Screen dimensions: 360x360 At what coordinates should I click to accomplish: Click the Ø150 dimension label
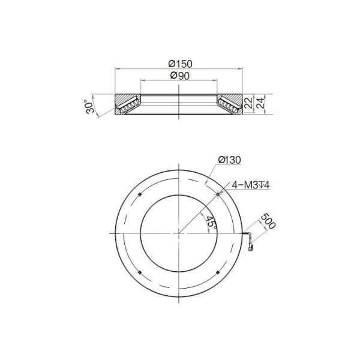[x=180, y=64]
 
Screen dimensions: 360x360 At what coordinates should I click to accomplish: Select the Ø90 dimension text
[x=180, y=76]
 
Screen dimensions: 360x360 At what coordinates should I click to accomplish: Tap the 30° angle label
[x=90, y=106]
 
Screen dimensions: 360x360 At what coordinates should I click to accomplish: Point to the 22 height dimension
[x=248, y=103]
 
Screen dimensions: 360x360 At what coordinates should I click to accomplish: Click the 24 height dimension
[x=260, y=103]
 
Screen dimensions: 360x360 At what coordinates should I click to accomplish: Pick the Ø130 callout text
[x=230, y=160]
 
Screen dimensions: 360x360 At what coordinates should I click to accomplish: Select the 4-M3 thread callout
[x=251, y=185]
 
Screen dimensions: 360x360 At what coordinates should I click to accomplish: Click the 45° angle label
[x=211, y=222]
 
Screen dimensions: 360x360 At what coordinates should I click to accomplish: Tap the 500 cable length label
[x=268, y=221]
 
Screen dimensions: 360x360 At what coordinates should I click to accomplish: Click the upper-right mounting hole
[x=218, y=194]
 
